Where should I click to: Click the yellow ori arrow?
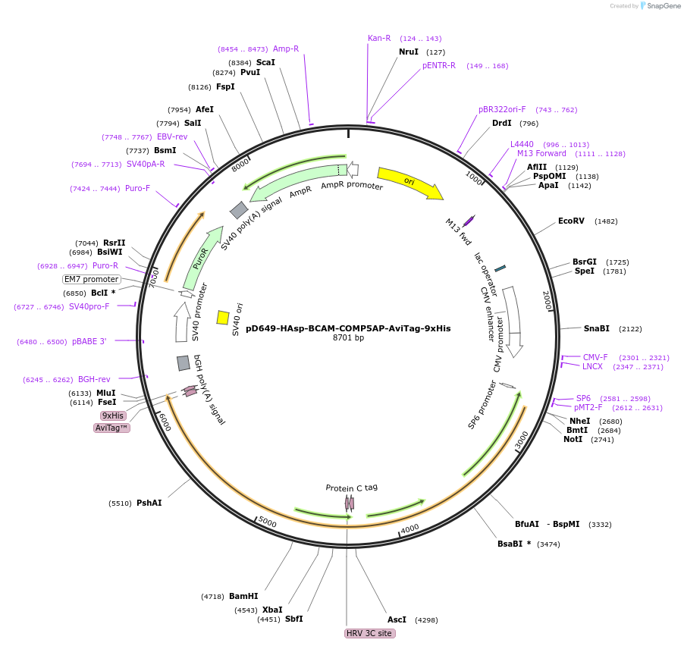tap(409, 183)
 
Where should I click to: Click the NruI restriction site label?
tap(409, 52)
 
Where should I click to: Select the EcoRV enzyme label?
tap(571, 221)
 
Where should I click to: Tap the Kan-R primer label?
tap(379, 38)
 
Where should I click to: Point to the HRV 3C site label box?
tap(370, 633)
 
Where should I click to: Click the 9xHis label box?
tap(113, 416)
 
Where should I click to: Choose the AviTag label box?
tap(112, 428)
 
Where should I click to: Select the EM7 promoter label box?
tap(92, 279)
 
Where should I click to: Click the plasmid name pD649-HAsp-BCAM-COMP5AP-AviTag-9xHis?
tap(348, 328)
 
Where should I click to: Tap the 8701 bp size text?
tap(349, 338)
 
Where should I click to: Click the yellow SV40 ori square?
tap(223, 318)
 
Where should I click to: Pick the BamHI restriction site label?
tap(243, 596)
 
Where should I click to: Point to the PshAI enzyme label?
tap(149, 503)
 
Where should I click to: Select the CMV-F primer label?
tap(595, 357)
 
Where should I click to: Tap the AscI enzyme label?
tap(397, 619)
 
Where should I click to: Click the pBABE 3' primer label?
tap(89, 342)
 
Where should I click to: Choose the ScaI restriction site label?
tap(265, 62)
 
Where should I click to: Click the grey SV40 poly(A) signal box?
tap(239, 210)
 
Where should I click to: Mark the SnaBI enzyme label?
tap(596, 328)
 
